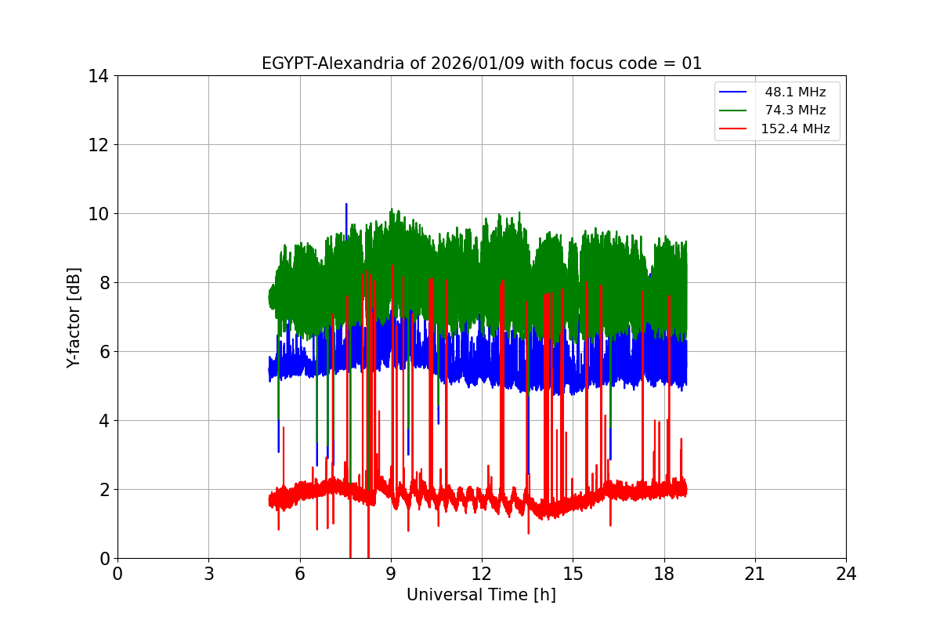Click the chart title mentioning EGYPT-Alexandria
pos(482,63)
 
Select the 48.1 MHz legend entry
pos(795,92)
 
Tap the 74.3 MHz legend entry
pos(795,111)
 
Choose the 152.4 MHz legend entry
pos(795,129)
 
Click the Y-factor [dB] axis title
pos(74,317)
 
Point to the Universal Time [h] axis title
pos(481,595)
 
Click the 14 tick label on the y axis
pos(99,76)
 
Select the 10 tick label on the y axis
pos(99,214)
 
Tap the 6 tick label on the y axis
pos(103,352)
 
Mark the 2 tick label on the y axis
pos(103,490)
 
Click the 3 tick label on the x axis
pos(208,574)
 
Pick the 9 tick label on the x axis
pos(391,574)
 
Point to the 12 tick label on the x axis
pos(482,574)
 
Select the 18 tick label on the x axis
pos(664,574)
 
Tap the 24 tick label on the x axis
pos(846,574)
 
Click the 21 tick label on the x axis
pos(755,574)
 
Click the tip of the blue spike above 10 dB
pos(346,205)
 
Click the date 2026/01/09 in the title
pos(479,63)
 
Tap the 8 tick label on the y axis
pos(103,283)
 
